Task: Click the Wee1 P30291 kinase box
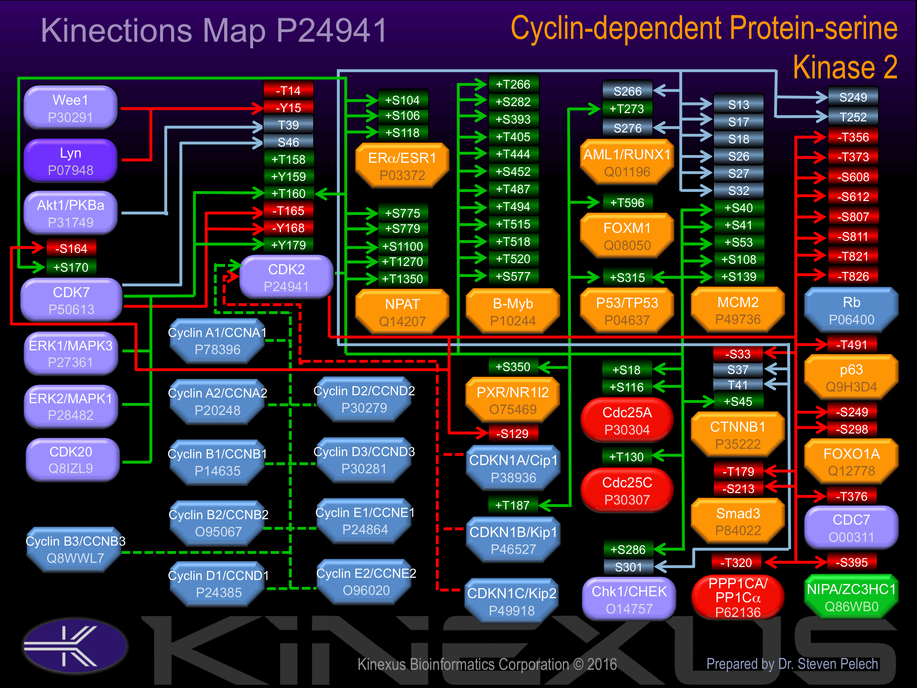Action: click(70, 108)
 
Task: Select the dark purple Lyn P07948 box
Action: click(70, 161)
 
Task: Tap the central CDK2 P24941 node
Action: click(287, 277)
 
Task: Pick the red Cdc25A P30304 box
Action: click(627, 420)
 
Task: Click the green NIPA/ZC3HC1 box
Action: click(851, 597)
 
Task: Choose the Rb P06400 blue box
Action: click(851, 310)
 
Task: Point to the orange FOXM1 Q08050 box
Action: click(627, 236)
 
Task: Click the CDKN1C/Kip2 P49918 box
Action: click(512, 601)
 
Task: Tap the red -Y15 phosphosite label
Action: click(288, 108)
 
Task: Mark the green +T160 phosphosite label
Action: click(288, 194)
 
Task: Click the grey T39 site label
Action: click(288, 125)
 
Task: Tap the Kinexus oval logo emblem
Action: click(75, 646)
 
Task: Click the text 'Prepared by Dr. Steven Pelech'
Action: click(792, 664)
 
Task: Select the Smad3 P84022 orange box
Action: click(738, 522)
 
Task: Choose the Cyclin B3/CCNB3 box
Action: click(75, 549)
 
